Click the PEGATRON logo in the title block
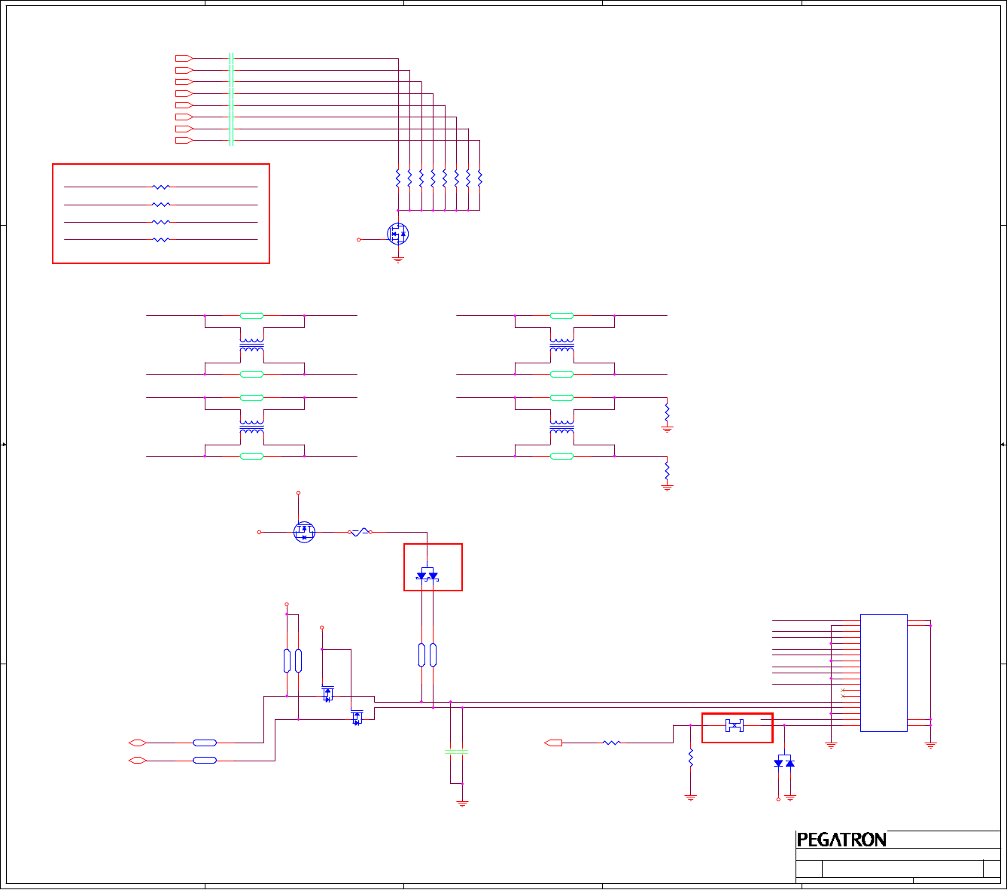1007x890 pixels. (x=841, y=840)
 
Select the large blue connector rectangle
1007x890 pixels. (x=884, y=672)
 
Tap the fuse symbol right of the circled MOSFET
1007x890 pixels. (x=361, y=532)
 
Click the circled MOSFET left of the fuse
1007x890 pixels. (x=304, y=532)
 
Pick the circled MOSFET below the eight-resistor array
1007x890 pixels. (x=398, y=234)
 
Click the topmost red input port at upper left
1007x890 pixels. (x=184, y=58)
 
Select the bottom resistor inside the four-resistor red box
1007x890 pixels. (x=161, y=240)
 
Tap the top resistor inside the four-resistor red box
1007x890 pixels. (x=161, y=187)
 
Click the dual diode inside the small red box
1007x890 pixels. (x=427, y=576)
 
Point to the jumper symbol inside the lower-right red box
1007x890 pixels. (x=734, y=725)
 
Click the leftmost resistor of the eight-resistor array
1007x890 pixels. (x=398, y=179)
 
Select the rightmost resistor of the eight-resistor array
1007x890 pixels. (x=479, y=179)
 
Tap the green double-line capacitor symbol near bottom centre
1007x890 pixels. (x=456, y=752)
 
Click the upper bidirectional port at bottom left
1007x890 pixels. (x=137, y=743)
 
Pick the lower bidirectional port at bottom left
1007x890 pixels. (x=137, y=761)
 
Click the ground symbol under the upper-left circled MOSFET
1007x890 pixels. (x=398, y=260)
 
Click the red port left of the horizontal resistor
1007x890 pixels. (x=553, y=743)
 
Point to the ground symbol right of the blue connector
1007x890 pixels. (x=930, y=745)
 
